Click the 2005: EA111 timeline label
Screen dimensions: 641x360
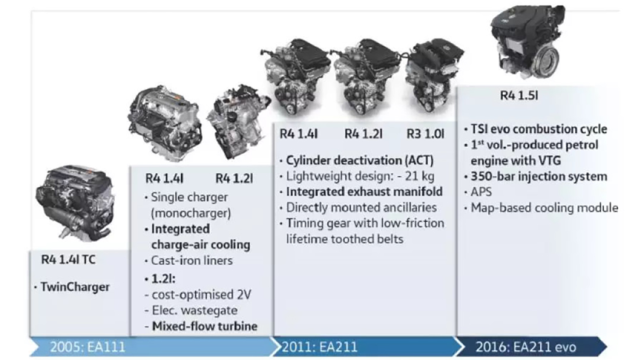pos(87,347)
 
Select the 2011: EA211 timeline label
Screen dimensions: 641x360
pos(319,347)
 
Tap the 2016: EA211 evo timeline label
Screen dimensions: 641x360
pos(526,347)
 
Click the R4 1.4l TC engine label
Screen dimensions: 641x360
pos(68,260)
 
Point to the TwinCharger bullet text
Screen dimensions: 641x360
pos(75,287)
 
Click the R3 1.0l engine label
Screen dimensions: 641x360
pos(425,134)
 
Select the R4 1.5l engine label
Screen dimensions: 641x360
pos(519,95)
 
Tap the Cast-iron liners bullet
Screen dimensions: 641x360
pos(192,261)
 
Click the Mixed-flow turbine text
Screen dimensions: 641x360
pos(204,326)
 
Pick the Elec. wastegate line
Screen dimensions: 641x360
pos(195,311)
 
